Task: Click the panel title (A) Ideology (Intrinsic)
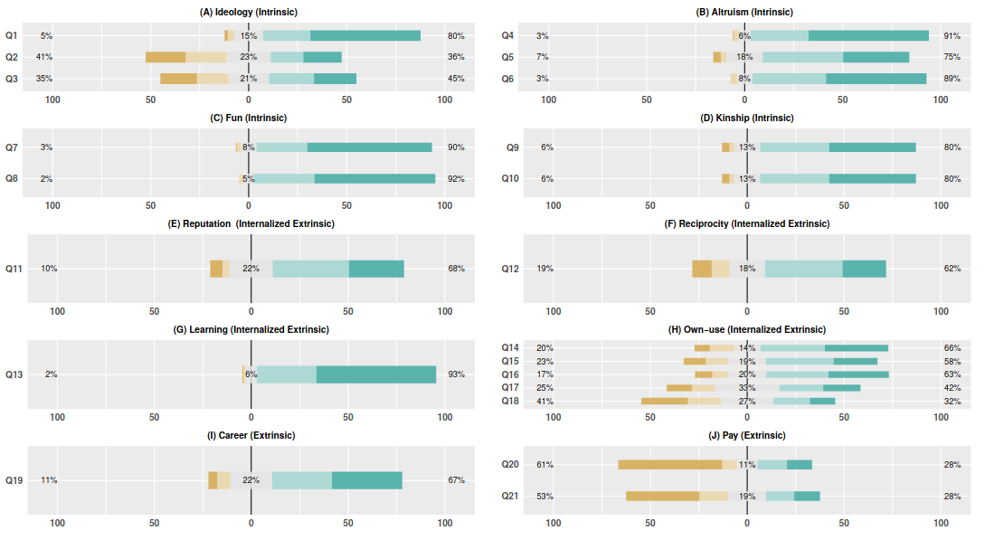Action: click(248, 12)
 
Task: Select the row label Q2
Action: click(12, 57)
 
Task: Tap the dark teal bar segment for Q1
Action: click(365, 35)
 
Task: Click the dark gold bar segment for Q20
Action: click(670, 465)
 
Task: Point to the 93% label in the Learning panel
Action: click(456, 374)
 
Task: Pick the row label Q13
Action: click(14, 374)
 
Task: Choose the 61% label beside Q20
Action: click(545, 465)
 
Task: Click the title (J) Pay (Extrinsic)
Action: click(746, 436)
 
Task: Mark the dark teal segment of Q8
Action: click(374, 178)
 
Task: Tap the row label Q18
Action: click(510, 401)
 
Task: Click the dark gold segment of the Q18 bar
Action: click(665, 401)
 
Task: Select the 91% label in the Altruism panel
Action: click(952, 35)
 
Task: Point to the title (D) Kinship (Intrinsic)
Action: click(746, 118)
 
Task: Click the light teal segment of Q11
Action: click(310, 269)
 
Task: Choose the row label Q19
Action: click(14, 480)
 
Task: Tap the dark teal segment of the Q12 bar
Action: click(864, 269)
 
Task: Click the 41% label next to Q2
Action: click(44, 57)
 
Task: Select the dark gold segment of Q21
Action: click(662, 496)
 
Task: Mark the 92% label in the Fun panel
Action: click(456, 178)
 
